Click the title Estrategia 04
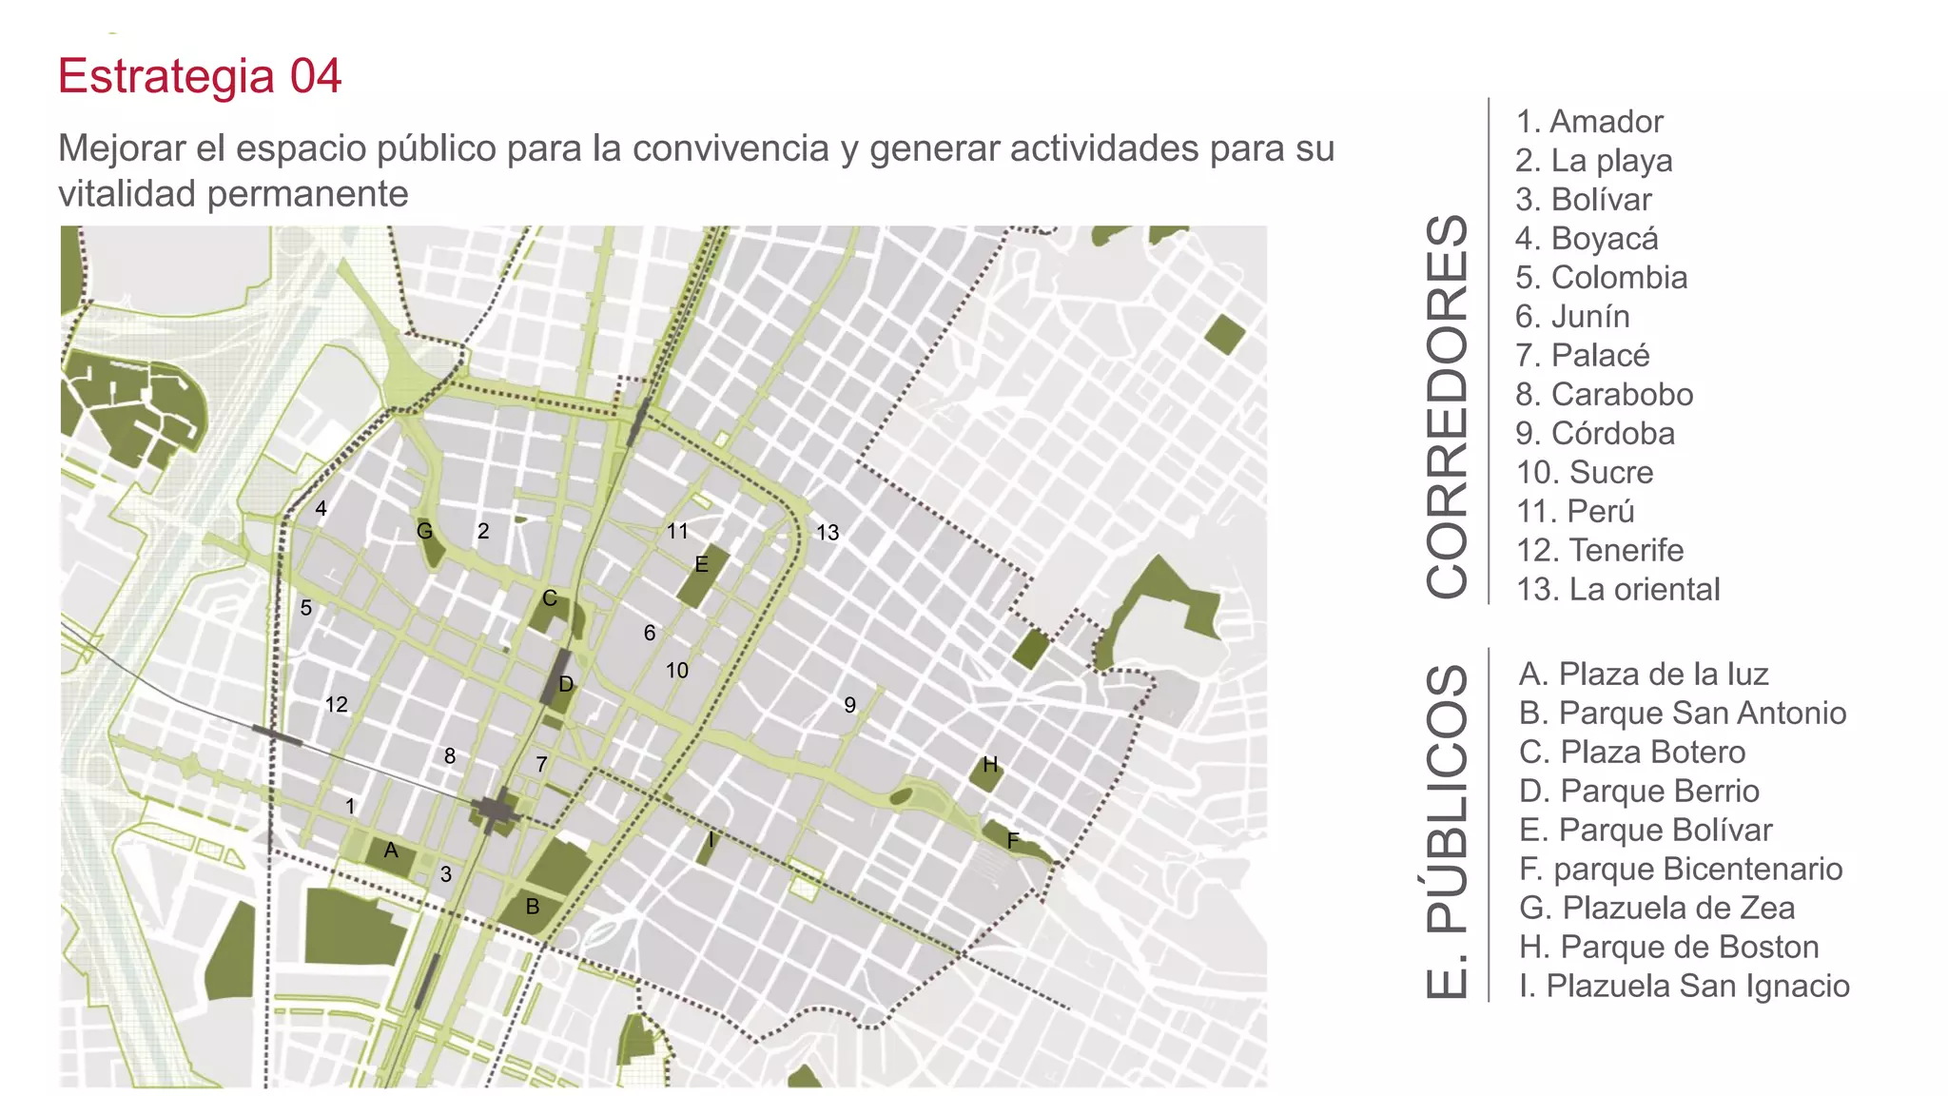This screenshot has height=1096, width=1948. (199, 76)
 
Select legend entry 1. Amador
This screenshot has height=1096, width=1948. (1588, 122)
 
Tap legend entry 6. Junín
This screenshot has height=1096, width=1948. (1572, 317)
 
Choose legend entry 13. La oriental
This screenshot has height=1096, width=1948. (1618, 590)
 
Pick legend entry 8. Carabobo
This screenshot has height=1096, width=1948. (1604, 395)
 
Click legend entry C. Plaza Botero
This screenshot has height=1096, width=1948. (1631, 753)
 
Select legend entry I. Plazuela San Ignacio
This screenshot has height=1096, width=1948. (1684, 987)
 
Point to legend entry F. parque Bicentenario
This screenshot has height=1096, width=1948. (1680, 870)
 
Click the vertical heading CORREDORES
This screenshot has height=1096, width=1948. (1448, 406)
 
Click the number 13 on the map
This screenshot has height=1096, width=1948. (828, 533)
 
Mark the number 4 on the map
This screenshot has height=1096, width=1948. (321, 509)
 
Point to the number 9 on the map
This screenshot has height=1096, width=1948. (849, 705)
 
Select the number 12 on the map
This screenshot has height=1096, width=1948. (336, 705)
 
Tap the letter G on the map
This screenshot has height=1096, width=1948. (425, 531)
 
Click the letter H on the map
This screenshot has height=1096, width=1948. (990, 765)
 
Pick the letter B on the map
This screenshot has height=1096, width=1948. (533, 907)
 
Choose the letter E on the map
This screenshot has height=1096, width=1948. (701, 564)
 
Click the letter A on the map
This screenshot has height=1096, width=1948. (391, 851)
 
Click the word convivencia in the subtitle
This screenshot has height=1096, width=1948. (730, 149)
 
